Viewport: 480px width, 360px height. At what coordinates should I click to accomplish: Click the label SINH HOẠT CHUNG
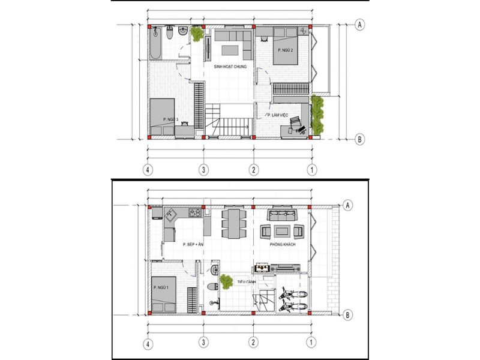[x=230, y=67]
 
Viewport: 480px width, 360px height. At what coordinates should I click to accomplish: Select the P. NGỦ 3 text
[x=171, y=119]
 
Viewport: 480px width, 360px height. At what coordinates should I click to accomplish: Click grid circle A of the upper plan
[x=359, y=25]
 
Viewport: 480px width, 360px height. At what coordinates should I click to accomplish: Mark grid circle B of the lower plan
[x=347, y=313]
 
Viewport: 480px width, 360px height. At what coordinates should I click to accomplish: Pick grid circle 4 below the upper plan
[x=148, y=170]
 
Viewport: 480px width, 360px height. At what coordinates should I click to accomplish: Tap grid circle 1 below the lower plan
[x=311, y=344]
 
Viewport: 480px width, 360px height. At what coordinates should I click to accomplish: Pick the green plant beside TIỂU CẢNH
[x=226, y=280]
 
